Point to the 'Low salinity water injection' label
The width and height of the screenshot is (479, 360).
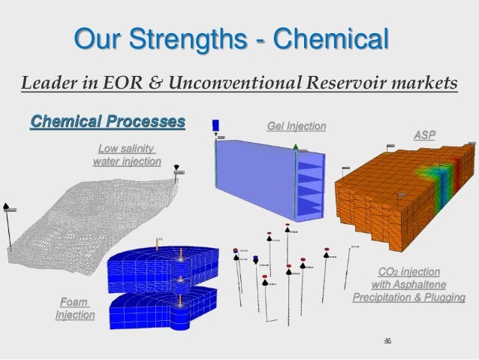point(125,156)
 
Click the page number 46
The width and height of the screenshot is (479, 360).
point(387,341)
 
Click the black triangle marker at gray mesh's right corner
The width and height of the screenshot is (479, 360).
point(177,167)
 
